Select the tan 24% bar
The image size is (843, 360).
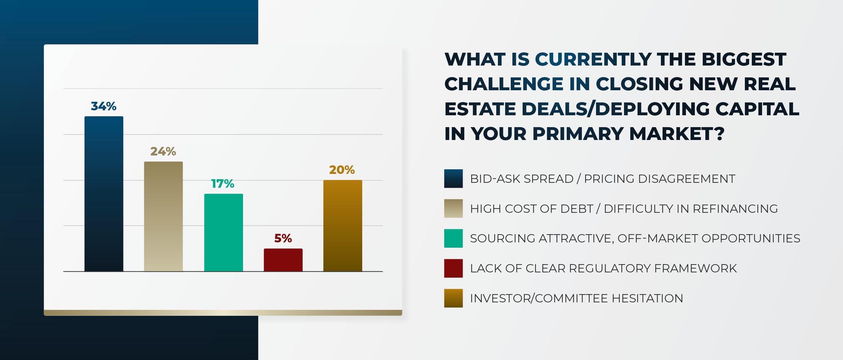click(163, 216)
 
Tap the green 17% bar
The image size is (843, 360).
click(223, 233)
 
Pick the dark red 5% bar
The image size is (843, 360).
click(283, 260)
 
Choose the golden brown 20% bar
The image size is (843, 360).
click(342, 226)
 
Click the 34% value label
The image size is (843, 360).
click(103, 106)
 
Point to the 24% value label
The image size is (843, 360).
click(163, 152)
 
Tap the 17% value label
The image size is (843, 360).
click(223, 184)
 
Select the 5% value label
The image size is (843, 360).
click(283, 238)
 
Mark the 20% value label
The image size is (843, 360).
click(342, 170)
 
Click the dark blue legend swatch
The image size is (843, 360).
click(453, 179)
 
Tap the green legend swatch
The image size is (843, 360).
click(453, 238)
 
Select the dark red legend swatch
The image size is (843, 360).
click(453, 268)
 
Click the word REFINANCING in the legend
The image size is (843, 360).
click(735, 209)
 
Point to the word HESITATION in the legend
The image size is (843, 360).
click(647, 298)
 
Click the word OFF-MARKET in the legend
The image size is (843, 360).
click(658, 238)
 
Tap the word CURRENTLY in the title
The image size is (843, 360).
click(593, 60)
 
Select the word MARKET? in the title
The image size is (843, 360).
click(676, 134)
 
